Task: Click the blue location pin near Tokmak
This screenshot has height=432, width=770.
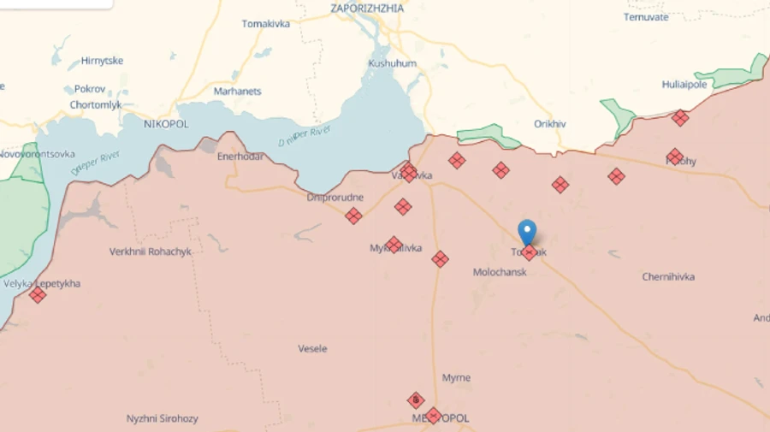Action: coord(527,231)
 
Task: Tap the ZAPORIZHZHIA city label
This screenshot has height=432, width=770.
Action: coord(367,8)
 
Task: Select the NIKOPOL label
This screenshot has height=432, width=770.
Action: coord(166,124)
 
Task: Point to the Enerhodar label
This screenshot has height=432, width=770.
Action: coord(240,157)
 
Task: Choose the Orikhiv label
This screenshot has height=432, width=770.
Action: coord(550,124)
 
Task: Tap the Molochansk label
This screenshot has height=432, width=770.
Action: coord(500,272)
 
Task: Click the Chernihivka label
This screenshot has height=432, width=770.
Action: coord(668,277)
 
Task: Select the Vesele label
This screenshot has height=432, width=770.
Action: coord(312,349)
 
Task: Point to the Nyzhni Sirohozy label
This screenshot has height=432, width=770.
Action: coord(163,419)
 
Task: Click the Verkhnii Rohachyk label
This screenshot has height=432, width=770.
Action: coord(151,252)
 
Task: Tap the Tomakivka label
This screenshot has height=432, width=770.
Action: coord(266,24)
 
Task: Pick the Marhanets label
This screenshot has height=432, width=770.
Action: coord(237,92)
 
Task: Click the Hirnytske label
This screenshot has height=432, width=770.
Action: coord(102,61)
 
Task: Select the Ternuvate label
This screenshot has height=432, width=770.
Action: coord(646,17)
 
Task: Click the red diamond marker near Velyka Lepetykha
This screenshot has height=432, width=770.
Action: coord(38,295)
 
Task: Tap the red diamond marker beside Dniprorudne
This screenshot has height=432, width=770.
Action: coord(353,216)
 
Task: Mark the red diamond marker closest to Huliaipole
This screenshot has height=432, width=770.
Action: coord(680,118)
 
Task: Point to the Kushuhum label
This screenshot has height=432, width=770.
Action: coord(393,63)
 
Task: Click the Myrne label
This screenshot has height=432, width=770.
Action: coord(456,378)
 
